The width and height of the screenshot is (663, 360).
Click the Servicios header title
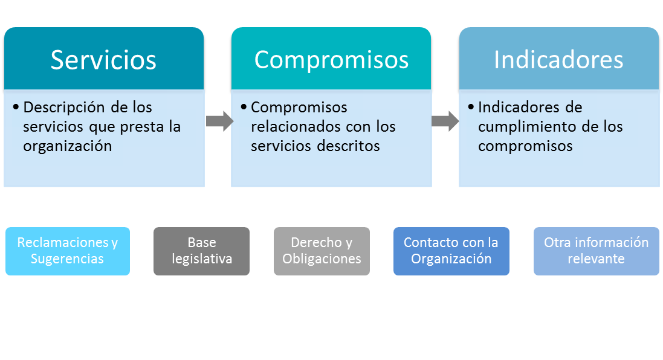[x=103, y=60]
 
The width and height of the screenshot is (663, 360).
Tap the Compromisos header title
[x=331, y=60]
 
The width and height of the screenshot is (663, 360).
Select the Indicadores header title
[x=558, y=60]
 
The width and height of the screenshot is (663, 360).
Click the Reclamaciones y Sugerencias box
[x=68, y=251]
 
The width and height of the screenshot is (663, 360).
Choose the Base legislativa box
[x=202, y=251]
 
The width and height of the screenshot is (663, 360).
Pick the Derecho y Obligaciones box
[x=322, y=251]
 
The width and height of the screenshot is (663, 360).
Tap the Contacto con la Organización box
[x=451, y=251]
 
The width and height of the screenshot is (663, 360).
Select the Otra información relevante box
[x=596, y=251]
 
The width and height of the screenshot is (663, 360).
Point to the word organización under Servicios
[x=68, y=146]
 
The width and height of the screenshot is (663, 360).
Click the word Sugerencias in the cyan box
[x=68, y=259]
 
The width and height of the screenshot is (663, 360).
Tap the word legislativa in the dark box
[x=202, y=259]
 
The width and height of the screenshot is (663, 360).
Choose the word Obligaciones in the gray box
[x=322, y=259]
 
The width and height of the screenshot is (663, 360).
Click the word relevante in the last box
[x=596, y=259]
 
